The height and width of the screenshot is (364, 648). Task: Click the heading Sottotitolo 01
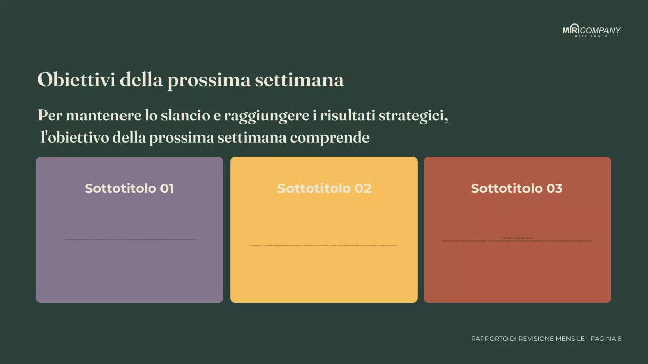pos(129,188)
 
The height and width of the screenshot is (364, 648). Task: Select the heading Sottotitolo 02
pos(324,188)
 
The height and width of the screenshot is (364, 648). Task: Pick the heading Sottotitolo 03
pos(517,188)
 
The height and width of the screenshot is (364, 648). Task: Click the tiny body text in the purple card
pos(129,240)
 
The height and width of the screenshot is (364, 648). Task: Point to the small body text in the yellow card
pos(324,246)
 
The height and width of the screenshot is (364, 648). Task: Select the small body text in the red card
pos(517,240)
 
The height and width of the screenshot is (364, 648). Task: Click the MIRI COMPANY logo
pos(591,30)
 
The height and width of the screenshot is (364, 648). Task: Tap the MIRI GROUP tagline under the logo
pos(591,36)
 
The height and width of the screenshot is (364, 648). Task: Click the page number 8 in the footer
pos(619,339)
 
